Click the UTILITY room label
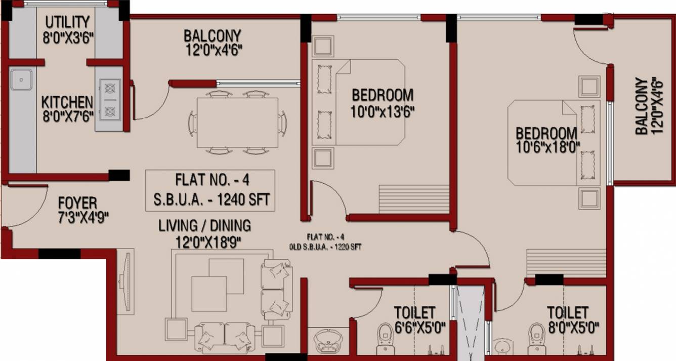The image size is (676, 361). (x=68, y=22)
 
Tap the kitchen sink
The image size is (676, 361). (x=21, y=80)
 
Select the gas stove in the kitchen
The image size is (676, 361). (x=110, y=100)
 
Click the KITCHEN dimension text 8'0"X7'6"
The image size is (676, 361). (x=68, y=116)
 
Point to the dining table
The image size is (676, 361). (x=237, y=123)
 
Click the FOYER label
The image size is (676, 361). (x=77, y=203)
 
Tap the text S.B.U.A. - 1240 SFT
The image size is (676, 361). (x=212, y=199)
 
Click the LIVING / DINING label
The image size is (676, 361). (x=204, y=226)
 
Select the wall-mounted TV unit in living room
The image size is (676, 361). (x=125, y=282)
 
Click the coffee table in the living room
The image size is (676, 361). (x=218, y=285)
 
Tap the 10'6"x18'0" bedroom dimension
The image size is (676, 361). (x=548, y=147)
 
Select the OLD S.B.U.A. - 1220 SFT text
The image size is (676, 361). (x=325, y=247)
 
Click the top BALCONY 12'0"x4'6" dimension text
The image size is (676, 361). (x=214, y=50)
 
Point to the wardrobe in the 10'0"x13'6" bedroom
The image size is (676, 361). (x=414, y=199)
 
